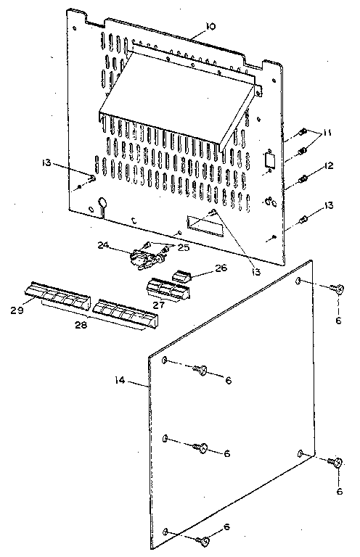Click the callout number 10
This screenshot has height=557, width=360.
coord(210,26)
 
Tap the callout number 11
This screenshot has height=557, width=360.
coord(326,133)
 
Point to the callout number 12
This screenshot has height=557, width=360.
coord(329,166)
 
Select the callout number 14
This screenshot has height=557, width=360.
coord(120,381)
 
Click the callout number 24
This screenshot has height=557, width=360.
coord(103,245)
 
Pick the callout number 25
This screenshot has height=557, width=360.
coord(184,247)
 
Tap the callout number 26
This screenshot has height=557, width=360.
coord(221,268)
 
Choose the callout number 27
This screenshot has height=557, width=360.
coord(158,305)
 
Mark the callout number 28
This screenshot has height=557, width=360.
coord(81,325)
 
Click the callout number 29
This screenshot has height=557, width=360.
coord(17,310)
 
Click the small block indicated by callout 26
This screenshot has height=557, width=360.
coord(181,276)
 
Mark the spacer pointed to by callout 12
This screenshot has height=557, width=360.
coord(303,178)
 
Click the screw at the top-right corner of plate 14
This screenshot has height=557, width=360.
coord(336,289)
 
